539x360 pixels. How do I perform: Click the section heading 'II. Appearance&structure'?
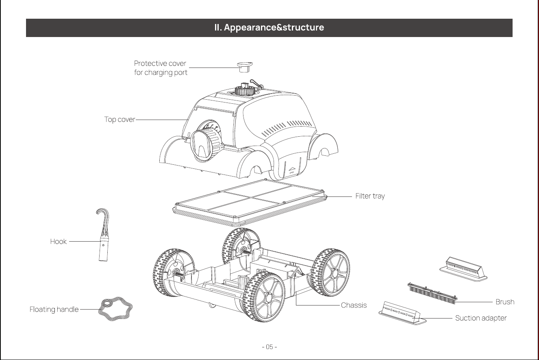tap(269, 27)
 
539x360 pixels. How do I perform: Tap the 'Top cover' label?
tap(120, 120)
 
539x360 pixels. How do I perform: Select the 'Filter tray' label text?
tap(370, 196)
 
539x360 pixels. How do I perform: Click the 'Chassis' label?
tap(354, 305)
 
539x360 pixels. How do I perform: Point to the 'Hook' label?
tap(58, 241)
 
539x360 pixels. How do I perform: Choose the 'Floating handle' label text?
tap(54, 309)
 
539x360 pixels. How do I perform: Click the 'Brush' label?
tap(505, 302)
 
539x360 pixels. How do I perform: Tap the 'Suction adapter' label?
tap(481, 318)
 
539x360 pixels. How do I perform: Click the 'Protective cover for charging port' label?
tap(161, 68)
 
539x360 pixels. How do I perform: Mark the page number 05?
tap(269, 347)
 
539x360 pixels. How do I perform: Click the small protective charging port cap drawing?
tap(245, 67)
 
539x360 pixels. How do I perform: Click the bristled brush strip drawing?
tap(432, 294)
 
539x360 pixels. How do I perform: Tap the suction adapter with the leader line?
tap(402, 313)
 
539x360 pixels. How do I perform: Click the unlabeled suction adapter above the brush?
tap(463, 269)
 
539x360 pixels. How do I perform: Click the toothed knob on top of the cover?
tap(245, 90)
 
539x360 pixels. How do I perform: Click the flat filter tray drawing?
tap(250, 203)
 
